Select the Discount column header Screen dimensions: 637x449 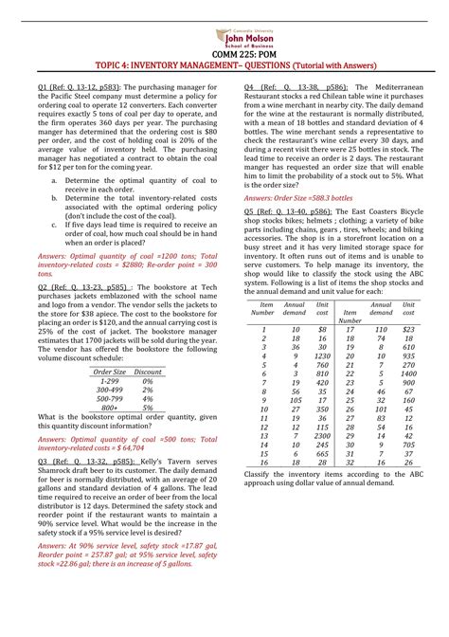pyautogui.click(x=149, y=373)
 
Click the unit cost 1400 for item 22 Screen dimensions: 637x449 pyautogui.click(x=409, y=373)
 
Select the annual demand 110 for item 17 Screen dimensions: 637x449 pyautogui.click(x=381, y=330)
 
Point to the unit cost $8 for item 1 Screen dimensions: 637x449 pyautogui.click(x=323, y=330)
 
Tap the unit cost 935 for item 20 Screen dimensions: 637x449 pyautogui.click(x=409, y=355)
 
